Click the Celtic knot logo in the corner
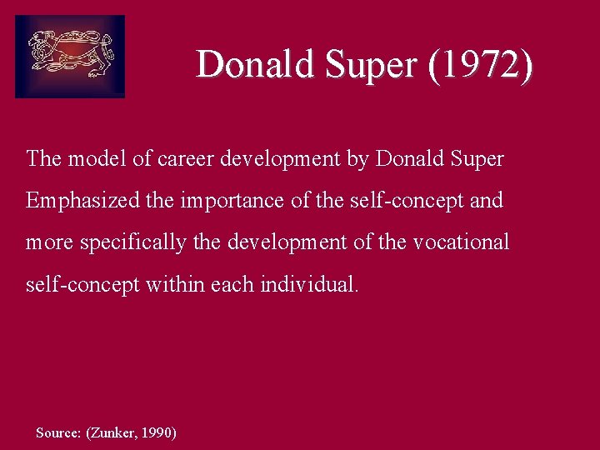click(x=70, y=57)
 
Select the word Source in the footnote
click(x=58, y=432)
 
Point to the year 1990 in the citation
click(x=158, y=432)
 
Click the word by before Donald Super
click(x=357, y=158)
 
